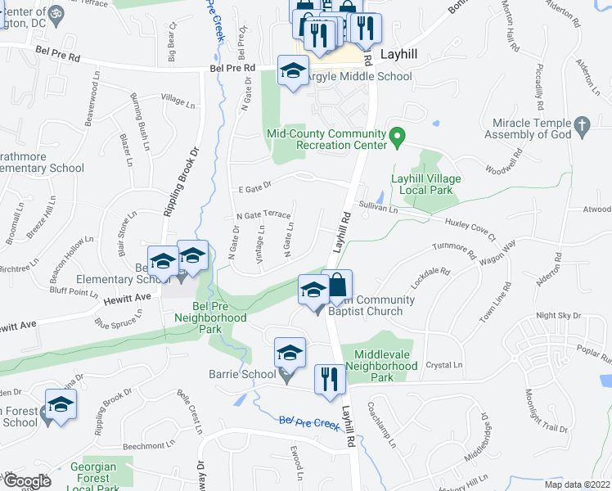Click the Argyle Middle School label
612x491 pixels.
(359, 77)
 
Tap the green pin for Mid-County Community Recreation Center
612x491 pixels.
(397, 136)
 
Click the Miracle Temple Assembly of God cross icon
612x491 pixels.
(582, 125)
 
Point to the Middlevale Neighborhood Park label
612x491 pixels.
(382, 366)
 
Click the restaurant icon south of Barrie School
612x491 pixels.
(330, 379)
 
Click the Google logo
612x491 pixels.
(27, 481)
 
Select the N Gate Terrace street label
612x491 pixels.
(263, 215)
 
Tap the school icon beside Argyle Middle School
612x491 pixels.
(292, 70)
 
